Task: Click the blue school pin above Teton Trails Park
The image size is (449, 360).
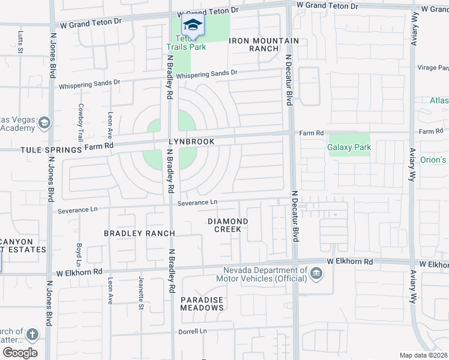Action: pyautogui.click(x=193, y=25)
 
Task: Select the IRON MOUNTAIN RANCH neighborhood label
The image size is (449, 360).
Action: pyautogui.click(x=264, y=44)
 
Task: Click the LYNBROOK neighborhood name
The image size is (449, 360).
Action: pyautogui.click(x=192, y=142)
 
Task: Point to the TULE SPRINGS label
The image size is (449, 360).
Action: pyautogui.click(x=42, y=149)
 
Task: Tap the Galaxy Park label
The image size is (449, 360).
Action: pyautogui.click(x=349, y=147)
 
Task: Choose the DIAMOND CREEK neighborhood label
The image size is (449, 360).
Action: pyautogui.click(x=228, y=225)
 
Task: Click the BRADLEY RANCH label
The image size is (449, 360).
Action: pyautogui.click(x=139, y=233)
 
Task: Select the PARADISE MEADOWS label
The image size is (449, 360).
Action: pyautogui.click(x=202, y=304)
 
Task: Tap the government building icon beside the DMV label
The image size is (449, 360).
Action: pyautogui.click(x=316, y=275)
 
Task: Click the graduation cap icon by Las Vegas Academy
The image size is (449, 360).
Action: pyautogui.click(x=44, y=123)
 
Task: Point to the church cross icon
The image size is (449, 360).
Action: pyautogui.click(x=32, y=335)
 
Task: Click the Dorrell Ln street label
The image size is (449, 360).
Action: pyautogui.click(x=192, y=331)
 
